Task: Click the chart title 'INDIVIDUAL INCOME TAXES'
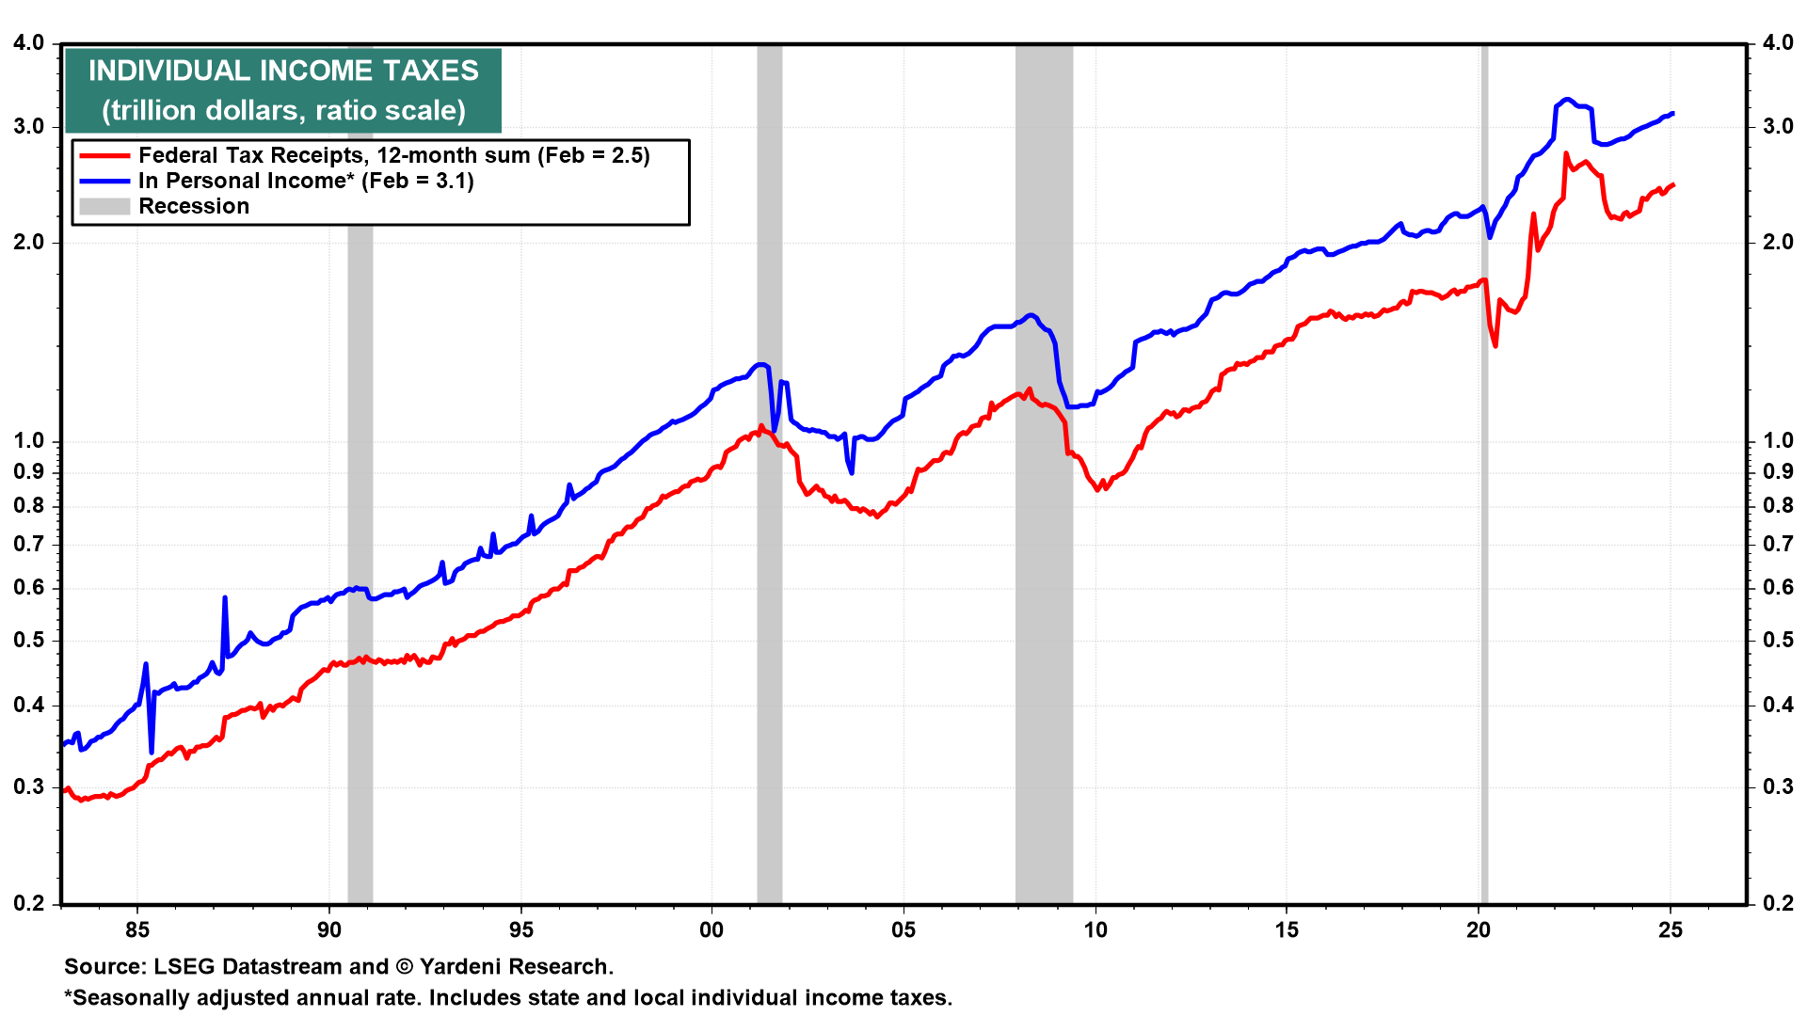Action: pos(283,71)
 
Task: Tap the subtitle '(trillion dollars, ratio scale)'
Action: pos(283,110)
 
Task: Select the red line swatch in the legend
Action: pos(104,156)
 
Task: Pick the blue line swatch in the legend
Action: pos(104,181)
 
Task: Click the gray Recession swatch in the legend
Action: pos(104,206)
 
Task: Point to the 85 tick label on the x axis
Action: pos(137,930)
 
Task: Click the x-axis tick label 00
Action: pos(712,930)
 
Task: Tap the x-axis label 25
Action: pos(1671,930)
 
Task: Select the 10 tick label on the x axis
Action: pos(1095,930)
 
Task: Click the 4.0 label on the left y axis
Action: pos(29,43)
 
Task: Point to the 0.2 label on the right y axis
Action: pos(1778,903)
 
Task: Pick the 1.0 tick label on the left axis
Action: pos(29,440)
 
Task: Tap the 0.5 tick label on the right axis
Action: pos(1778,640)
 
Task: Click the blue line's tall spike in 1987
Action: pos(225,598)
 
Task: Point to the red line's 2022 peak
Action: pos(1566,153)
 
